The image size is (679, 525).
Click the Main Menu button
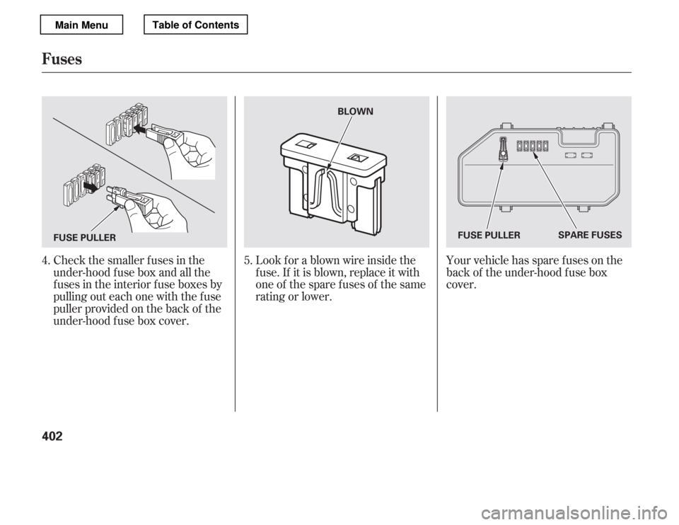click(x=81, y=25)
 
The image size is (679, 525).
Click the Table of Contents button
click(x=195, y=24)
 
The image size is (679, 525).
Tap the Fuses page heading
click(x=62, y=59)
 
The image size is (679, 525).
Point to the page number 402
click(x=52, y=436)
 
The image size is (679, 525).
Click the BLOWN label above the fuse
click(x=355, y=111)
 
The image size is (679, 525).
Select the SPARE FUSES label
click(x=590, y=235)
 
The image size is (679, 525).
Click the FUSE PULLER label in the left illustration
click(x=85, y=237)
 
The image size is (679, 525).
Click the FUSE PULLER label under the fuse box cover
click(x=489, y=235)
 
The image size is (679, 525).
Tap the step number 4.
click(x=45, y=261)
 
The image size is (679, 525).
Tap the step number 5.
click(x=248, y=261)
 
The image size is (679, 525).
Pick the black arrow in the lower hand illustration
click(x=91, y=186)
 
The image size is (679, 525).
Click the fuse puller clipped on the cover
click(x=503, y=149)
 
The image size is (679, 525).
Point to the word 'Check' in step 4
click(x=69, y=261)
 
